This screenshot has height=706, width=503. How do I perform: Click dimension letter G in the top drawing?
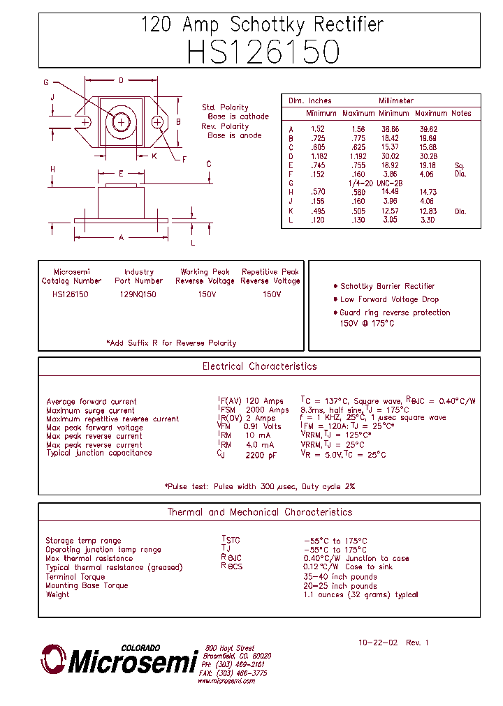click(x=46, y=82)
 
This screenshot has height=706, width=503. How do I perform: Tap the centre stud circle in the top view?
click(x=121, y=122)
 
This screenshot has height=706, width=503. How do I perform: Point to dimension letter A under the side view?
click(x=121, y=237)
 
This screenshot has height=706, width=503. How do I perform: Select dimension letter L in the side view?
click(x=193, y=243)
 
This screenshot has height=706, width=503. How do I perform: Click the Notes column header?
click(x=461, y=113)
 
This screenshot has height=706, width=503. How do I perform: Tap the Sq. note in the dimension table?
click(x=459, y=165)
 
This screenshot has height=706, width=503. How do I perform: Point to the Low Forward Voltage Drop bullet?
click(x=389, y=299)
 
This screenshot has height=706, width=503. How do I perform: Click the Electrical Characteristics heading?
click(x=259, y=366)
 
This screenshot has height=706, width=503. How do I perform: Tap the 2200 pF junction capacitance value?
click(x=261, y=454)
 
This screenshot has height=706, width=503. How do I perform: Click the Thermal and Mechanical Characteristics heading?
click(x=259, y=512)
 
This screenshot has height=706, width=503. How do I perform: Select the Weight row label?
click(x=57, y=594)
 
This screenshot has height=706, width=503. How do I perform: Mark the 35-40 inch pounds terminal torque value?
click(x=340, y=577)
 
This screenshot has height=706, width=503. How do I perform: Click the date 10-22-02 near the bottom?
click(x=377, y=643)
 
